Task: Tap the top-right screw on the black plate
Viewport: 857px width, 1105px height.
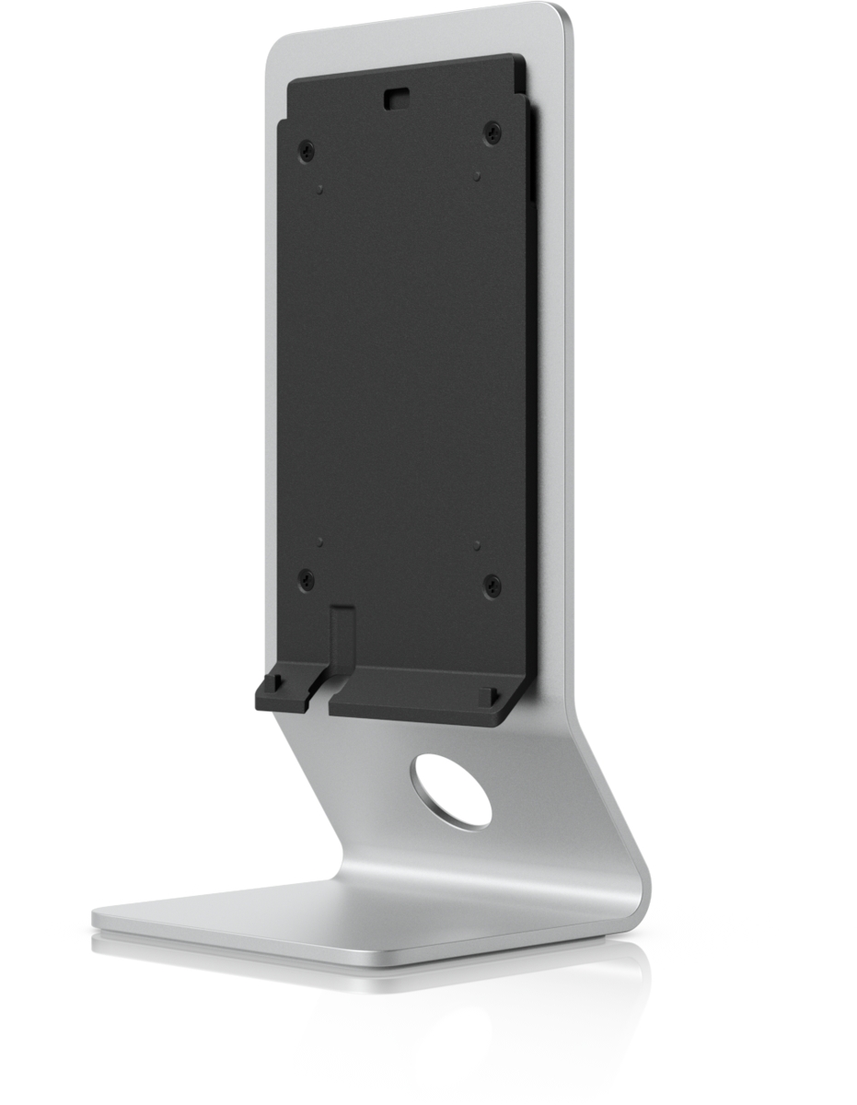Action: pos(492,133)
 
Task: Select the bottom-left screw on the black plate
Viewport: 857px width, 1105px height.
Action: pos(307,579)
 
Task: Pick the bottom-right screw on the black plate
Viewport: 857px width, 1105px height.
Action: pos(492,585)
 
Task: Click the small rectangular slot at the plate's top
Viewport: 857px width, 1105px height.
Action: pos(398,96)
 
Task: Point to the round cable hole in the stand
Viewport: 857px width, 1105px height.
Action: pos(452,790)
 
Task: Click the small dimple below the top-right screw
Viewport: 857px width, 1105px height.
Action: pos(477,175)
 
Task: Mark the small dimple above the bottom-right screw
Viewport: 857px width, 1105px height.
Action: pos(477,545)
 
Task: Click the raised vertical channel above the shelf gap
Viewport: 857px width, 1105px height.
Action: pos(342,635)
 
